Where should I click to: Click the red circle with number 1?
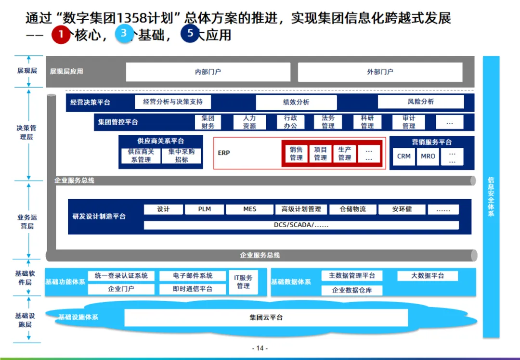(x=61, y=34)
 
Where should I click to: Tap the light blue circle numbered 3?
(x=124, y=34)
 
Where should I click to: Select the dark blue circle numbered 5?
(x=190, y=34)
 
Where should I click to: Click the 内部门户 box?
(x=208, y=72)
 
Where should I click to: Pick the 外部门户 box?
(x=380, y=72)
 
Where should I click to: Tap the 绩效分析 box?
(x=296, y=102)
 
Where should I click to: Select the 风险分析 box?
(x=420, y=102)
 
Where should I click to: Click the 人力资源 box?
(x=249, y=122)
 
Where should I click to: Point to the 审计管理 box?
(x=409, y=122)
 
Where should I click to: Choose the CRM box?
(x=404, y=156)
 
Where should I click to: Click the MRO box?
(x=428, y=156)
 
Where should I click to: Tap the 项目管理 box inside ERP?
(x=320, y=154)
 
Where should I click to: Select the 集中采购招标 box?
(x=182, y=155)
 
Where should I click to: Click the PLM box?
(x=205, y=209)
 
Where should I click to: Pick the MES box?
(x=249, y=209)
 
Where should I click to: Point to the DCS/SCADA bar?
(x=301, y=225)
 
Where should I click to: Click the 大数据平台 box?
(x=428, y=276)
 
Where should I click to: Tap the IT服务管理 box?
(x=243, y=282)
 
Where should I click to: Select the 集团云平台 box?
(x=266, y=318)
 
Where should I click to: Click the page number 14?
(x=260, y=348)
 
